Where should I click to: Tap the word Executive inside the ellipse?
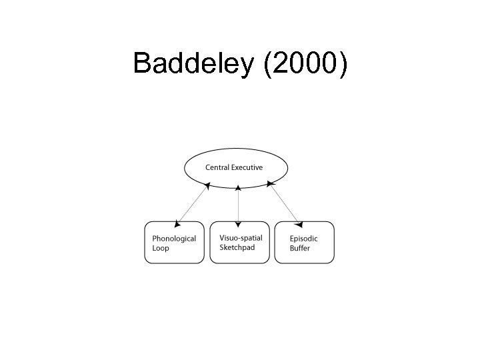(247, 167)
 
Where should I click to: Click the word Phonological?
(174, 238)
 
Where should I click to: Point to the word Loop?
(161, 248)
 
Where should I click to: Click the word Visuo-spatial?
(241, 237)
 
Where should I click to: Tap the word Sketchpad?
(237, 247)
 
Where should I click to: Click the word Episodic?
(303, 238)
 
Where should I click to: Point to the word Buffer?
(299, 248)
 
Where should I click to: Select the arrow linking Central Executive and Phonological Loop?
(192, 203)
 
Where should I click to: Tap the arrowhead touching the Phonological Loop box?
(177, 219)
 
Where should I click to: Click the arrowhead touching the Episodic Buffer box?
(299, 219)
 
